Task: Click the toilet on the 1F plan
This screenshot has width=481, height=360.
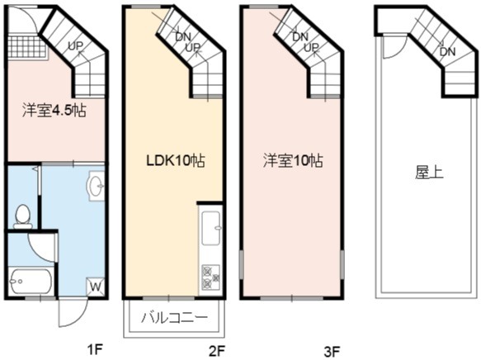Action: (x=23, y=216)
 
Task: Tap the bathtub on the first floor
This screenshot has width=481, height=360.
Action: (x=30, y=281)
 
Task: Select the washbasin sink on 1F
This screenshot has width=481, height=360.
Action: (x=97, y=186)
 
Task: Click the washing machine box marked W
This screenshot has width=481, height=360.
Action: (x=96, y=287)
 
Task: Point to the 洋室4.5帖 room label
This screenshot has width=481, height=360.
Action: (x=54, y=111)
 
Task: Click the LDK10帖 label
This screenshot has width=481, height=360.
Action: (x=176, y=161)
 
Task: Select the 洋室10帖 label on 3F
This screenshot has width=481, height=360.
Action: (x=293, y=160)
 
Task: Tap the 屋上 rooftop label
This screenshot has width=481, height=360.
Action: (x=429, y=173)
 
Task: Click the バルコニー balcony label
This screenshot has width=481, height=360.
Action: (x=174, y=318)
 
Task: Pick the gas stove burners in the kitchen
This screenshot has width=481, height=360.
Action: (x=210, y=278)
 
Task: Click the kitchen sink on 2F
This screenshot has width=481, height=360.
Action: (x=210, y=227)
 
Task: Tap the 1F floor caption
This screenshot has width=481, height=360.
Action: (x=95, y=349)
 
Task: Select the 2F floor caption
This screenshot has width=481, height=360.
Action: (x=217, y=351)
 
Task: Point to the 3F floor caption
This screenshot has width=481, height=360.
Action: (x=332, y=351)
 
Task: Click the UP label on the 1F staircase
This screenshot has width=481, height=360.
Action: (x=75, y=46)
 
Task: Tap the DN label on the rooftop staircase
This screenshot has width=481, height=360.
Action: (x=447, y=51)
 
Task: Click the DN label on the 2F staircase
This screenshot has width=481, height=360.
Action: (x=183, y=37)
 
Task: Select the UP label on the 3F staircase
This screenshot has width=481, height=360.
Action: (x=311, y=48)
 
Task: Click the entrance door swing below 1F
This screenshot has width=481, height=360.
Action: (x=73, y=312)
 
